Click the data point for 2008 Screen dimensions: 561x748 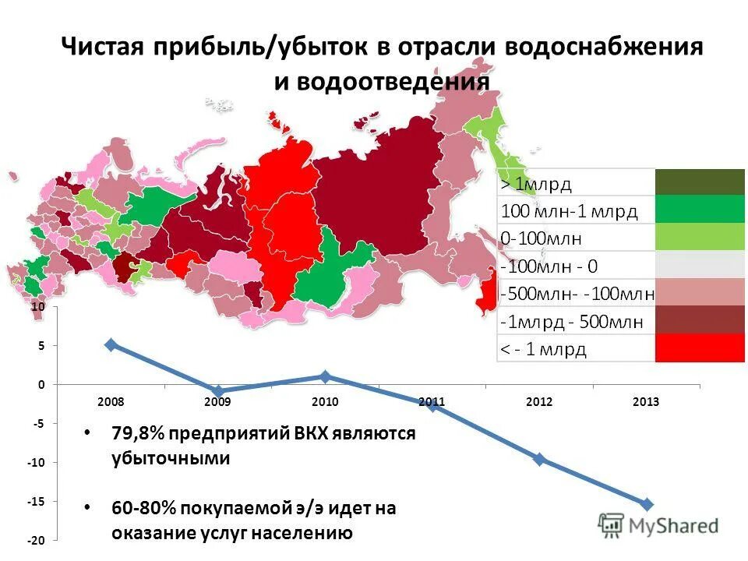click(x=111, y=344)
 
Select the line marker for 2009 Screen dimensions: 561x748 click(x=219, y=391)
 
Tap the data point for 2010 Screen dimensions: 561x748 click(x=326, y=377)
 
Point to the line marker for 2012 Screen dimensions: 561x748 click(x=539, y=460)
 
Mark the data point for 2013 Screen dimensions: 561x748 click(x=647, y=504)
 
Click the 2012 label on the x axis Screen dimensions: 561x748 click(x=539, y=402)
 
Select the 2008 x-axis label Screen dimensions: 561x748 click(x=111, y=402)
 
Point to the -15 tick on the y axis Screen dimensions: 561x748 click(x=37, y=502)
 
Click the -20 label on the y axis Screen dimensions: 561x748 click(x=37, y=541)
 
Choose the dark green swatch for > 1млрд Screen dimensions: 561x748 click(x=700, y=182)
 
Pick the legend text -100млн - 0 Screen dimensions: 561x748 click(x=549, y=266)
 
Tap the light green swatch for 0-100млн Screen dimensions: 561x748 click(x=700, y=237)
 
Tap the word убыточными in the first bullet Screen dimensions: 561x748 click(x=170, y=458)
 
